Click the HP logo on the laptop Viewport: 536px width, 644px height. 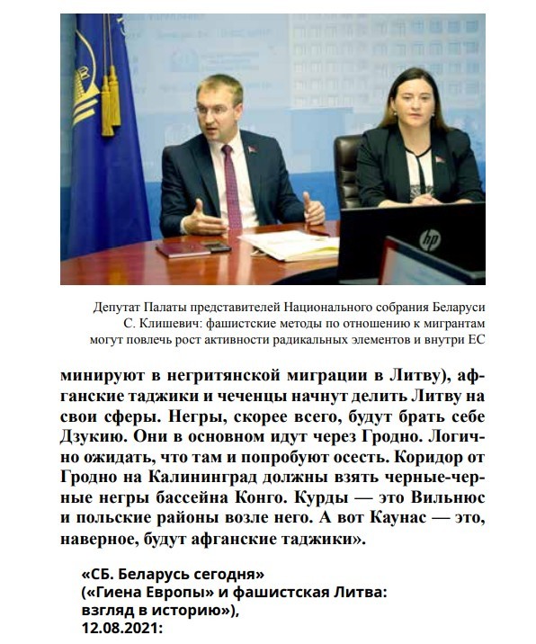[431, 240]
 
